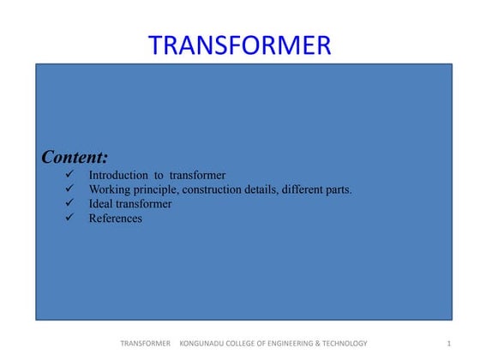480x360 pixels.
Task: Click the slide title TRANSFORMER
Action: click(240, 45)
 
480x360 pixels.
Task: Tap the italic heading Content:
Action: click(75, 157)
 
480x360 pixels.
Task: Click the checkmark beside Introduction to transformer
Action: click(69, 175)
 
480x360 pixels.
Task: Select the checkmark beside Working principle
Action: click(69, 189)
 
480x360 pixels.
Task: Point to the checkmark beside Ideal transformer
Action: click(69, 204)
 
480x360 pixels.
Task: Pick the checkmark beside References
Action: click(69, 219)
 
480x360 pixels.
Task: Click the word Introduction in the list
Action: click(118, 175)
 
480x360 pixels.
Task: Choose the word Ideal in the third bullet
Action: click(101, 204)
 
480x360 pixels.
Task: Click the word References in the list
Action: click(116, 219)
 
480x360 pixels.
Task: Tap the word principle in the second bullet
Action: click(160, 189)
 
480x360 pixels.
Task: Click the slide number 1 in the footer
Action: click(449, 344)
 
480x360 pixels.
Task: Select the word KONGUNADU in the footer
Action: click(205, 344)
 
